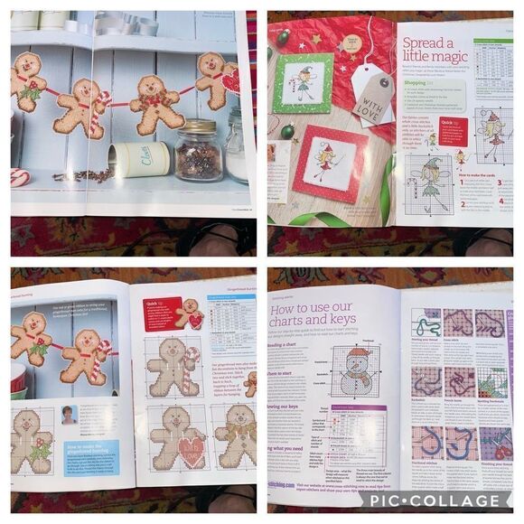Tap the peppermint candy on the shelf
coord(20,177)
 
